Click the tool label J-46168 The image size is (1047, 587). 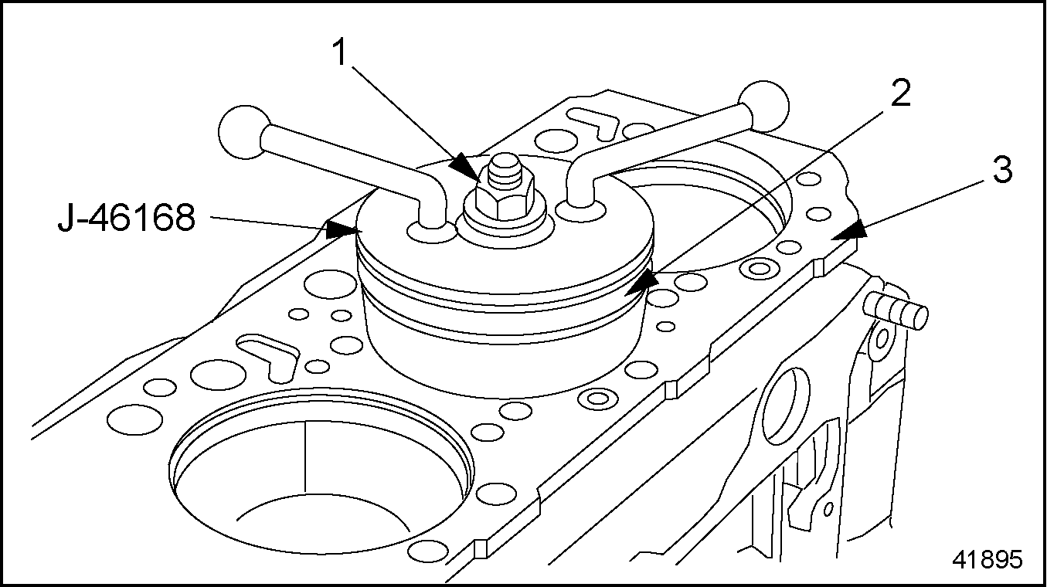pos(127,219)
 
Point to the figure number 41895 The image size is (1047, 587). pos(988,559)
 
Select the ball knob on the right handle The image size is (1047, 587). pos(764,103)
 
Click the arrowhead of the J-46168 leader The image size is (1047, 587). pos(340,229)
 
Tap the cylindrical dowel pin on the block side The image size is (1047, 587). pos(900,309)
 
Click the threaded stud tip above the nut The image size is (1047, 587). pos(503,168)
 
